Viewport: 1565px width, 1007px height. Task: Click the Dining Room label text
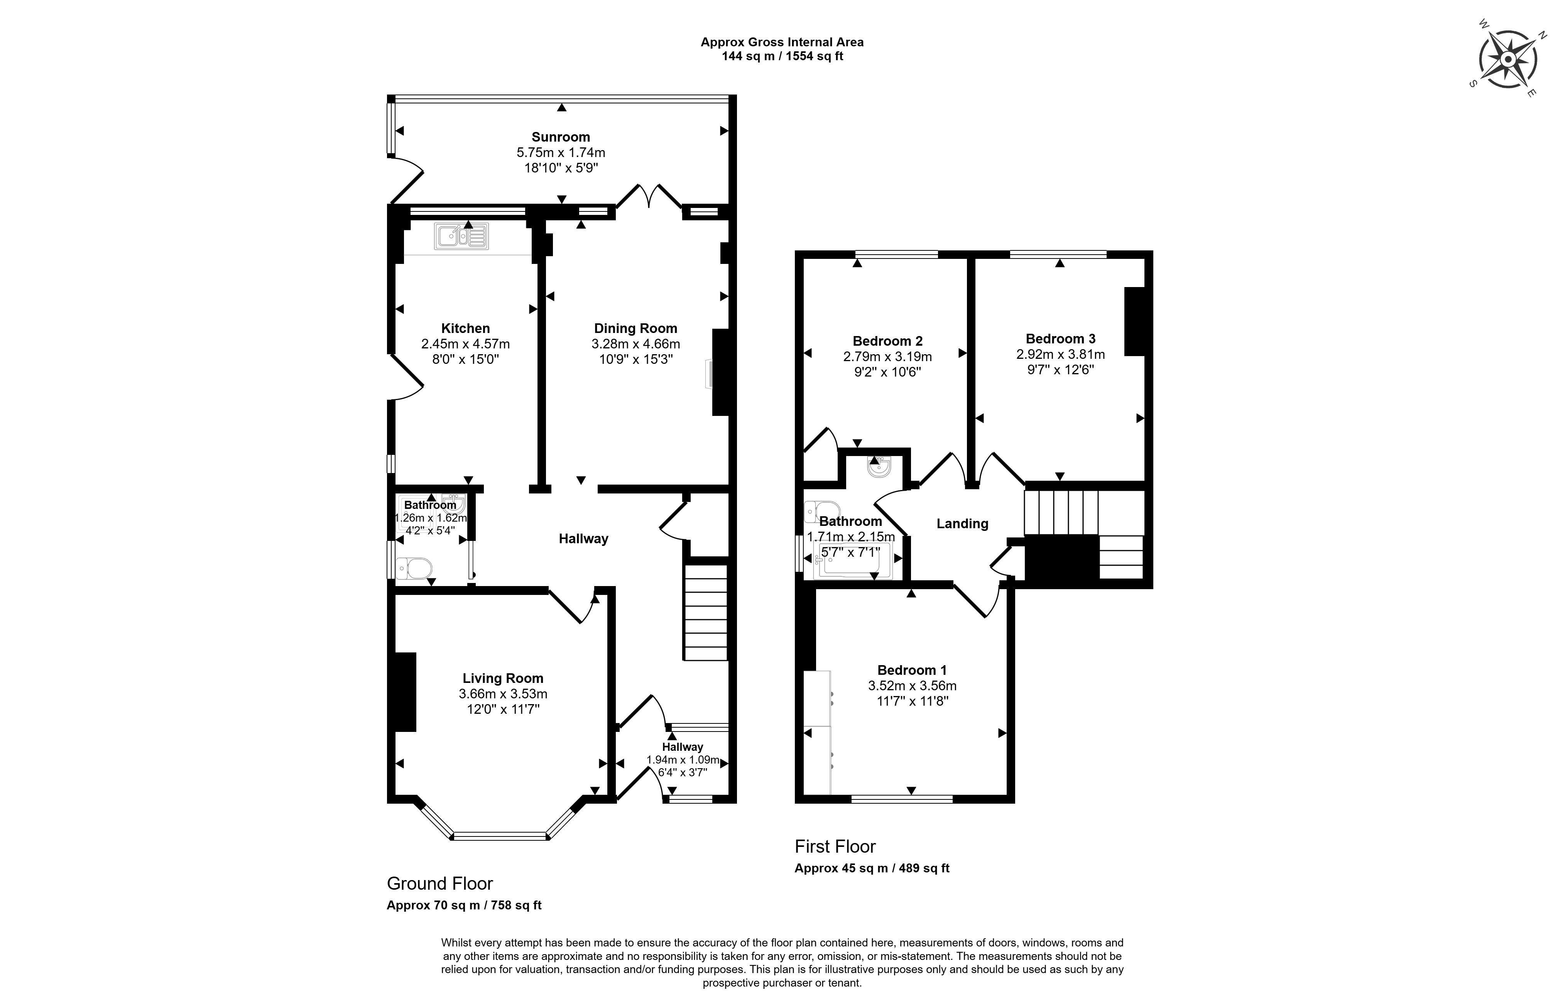tap(635, 328)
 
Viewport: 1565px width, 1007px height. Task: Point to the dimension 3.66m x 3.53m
tap(503, 694)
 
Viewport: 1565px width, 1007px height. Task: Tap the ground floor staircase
tap(706, 612)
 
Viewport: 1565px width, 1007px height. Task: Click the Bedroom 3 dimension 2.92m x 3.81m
tap(1060, 355)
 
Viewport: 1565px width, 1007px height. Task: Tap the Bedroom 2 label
tap(887, 341)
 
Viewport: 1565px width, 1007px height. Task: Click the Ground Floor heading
tap(439, 884)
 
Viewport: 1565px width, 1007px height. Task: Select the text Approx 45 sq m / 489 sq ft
tap(871, 868)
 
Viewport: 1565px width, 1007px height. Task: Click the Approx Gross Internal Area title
tap(782, 42)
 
